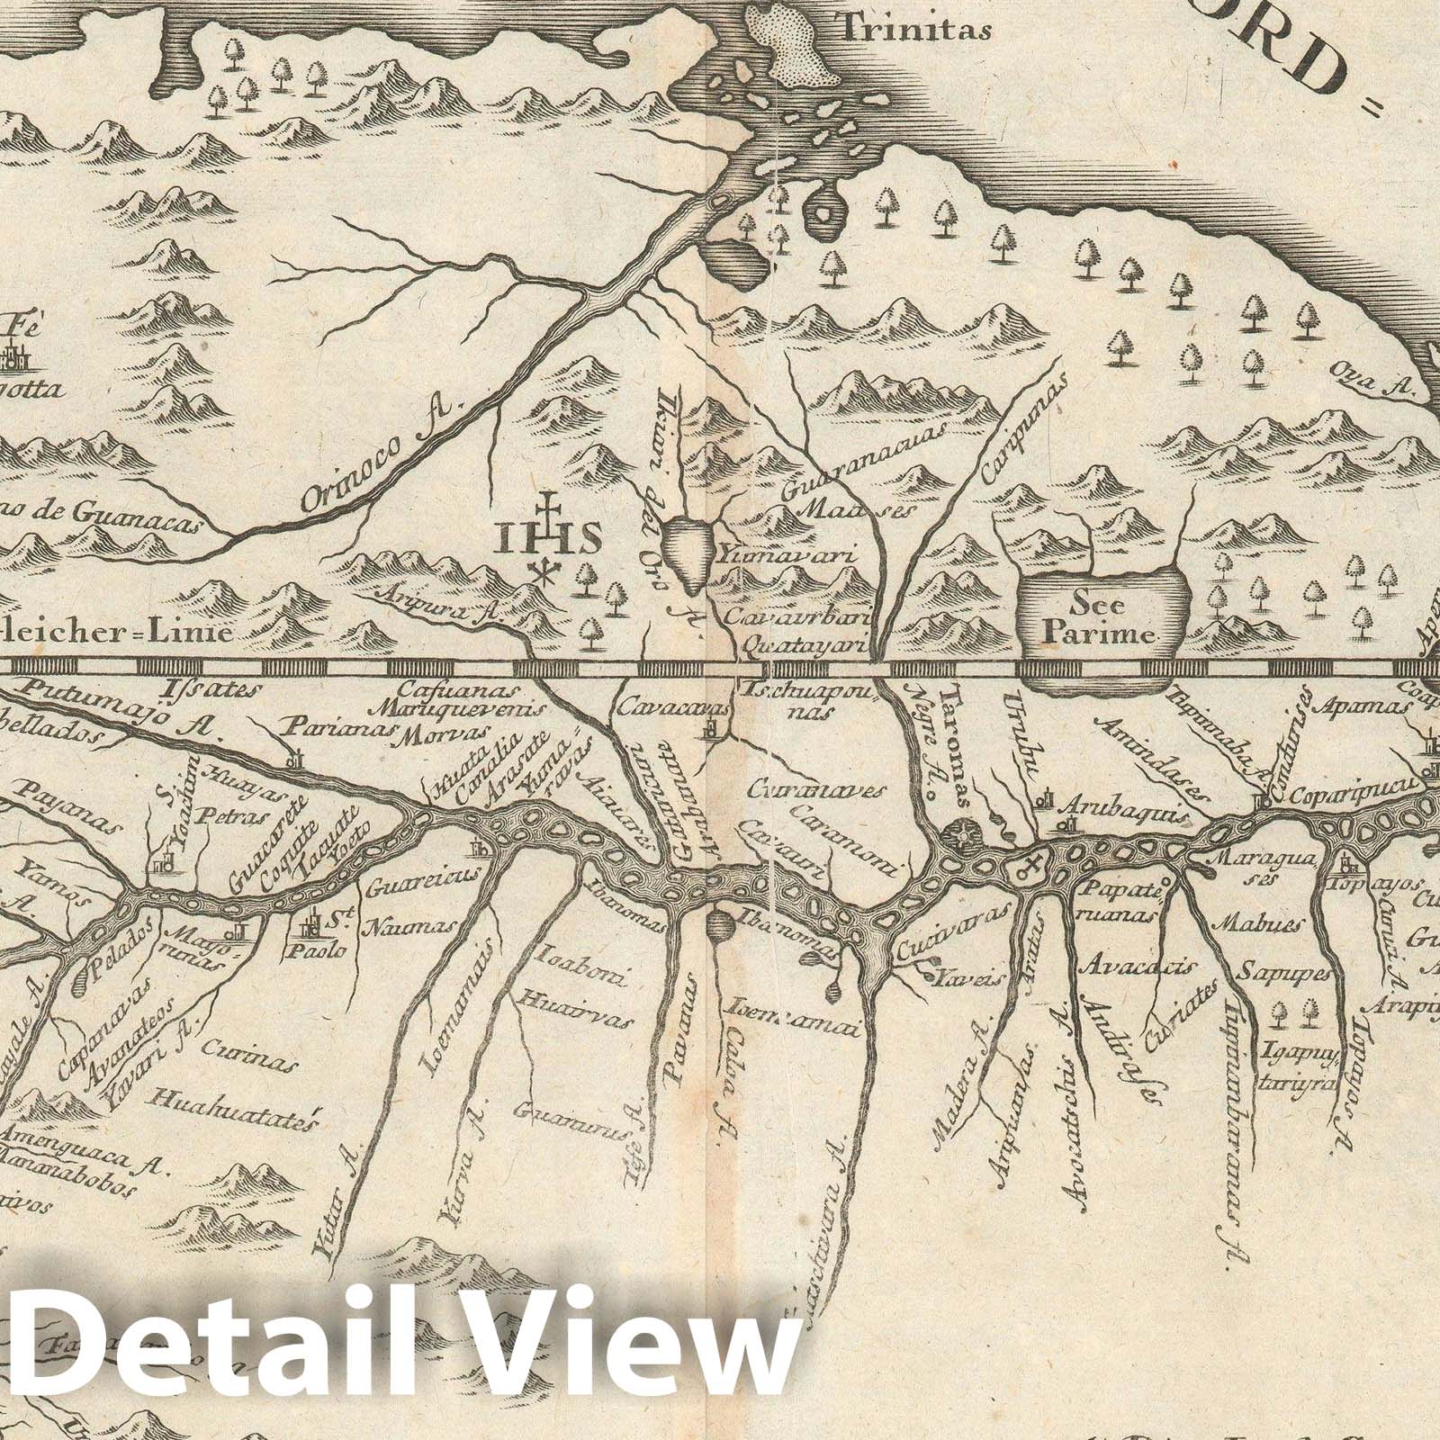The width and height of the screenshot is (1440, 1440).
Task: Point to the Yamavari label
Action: pyautogui.click(x=788, y=557)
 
